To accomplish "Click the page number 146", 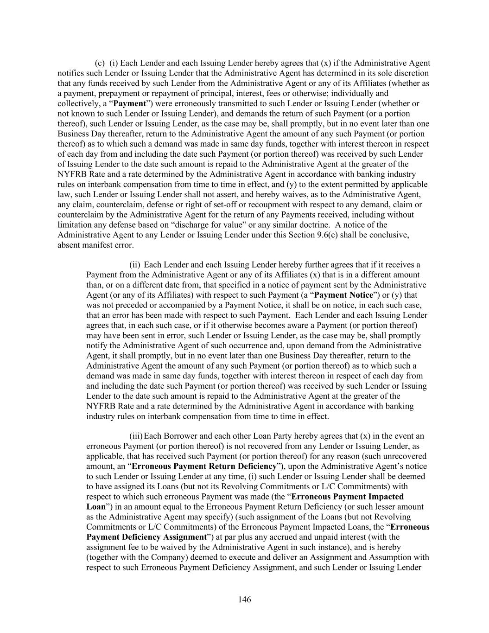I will coord(244,600).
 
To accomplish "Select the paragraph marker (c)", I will coord(100,64).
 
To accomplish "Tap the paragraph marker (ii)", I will coord(134,265).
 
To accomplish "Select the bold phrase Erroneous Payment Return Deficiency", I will coord(204,466).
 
